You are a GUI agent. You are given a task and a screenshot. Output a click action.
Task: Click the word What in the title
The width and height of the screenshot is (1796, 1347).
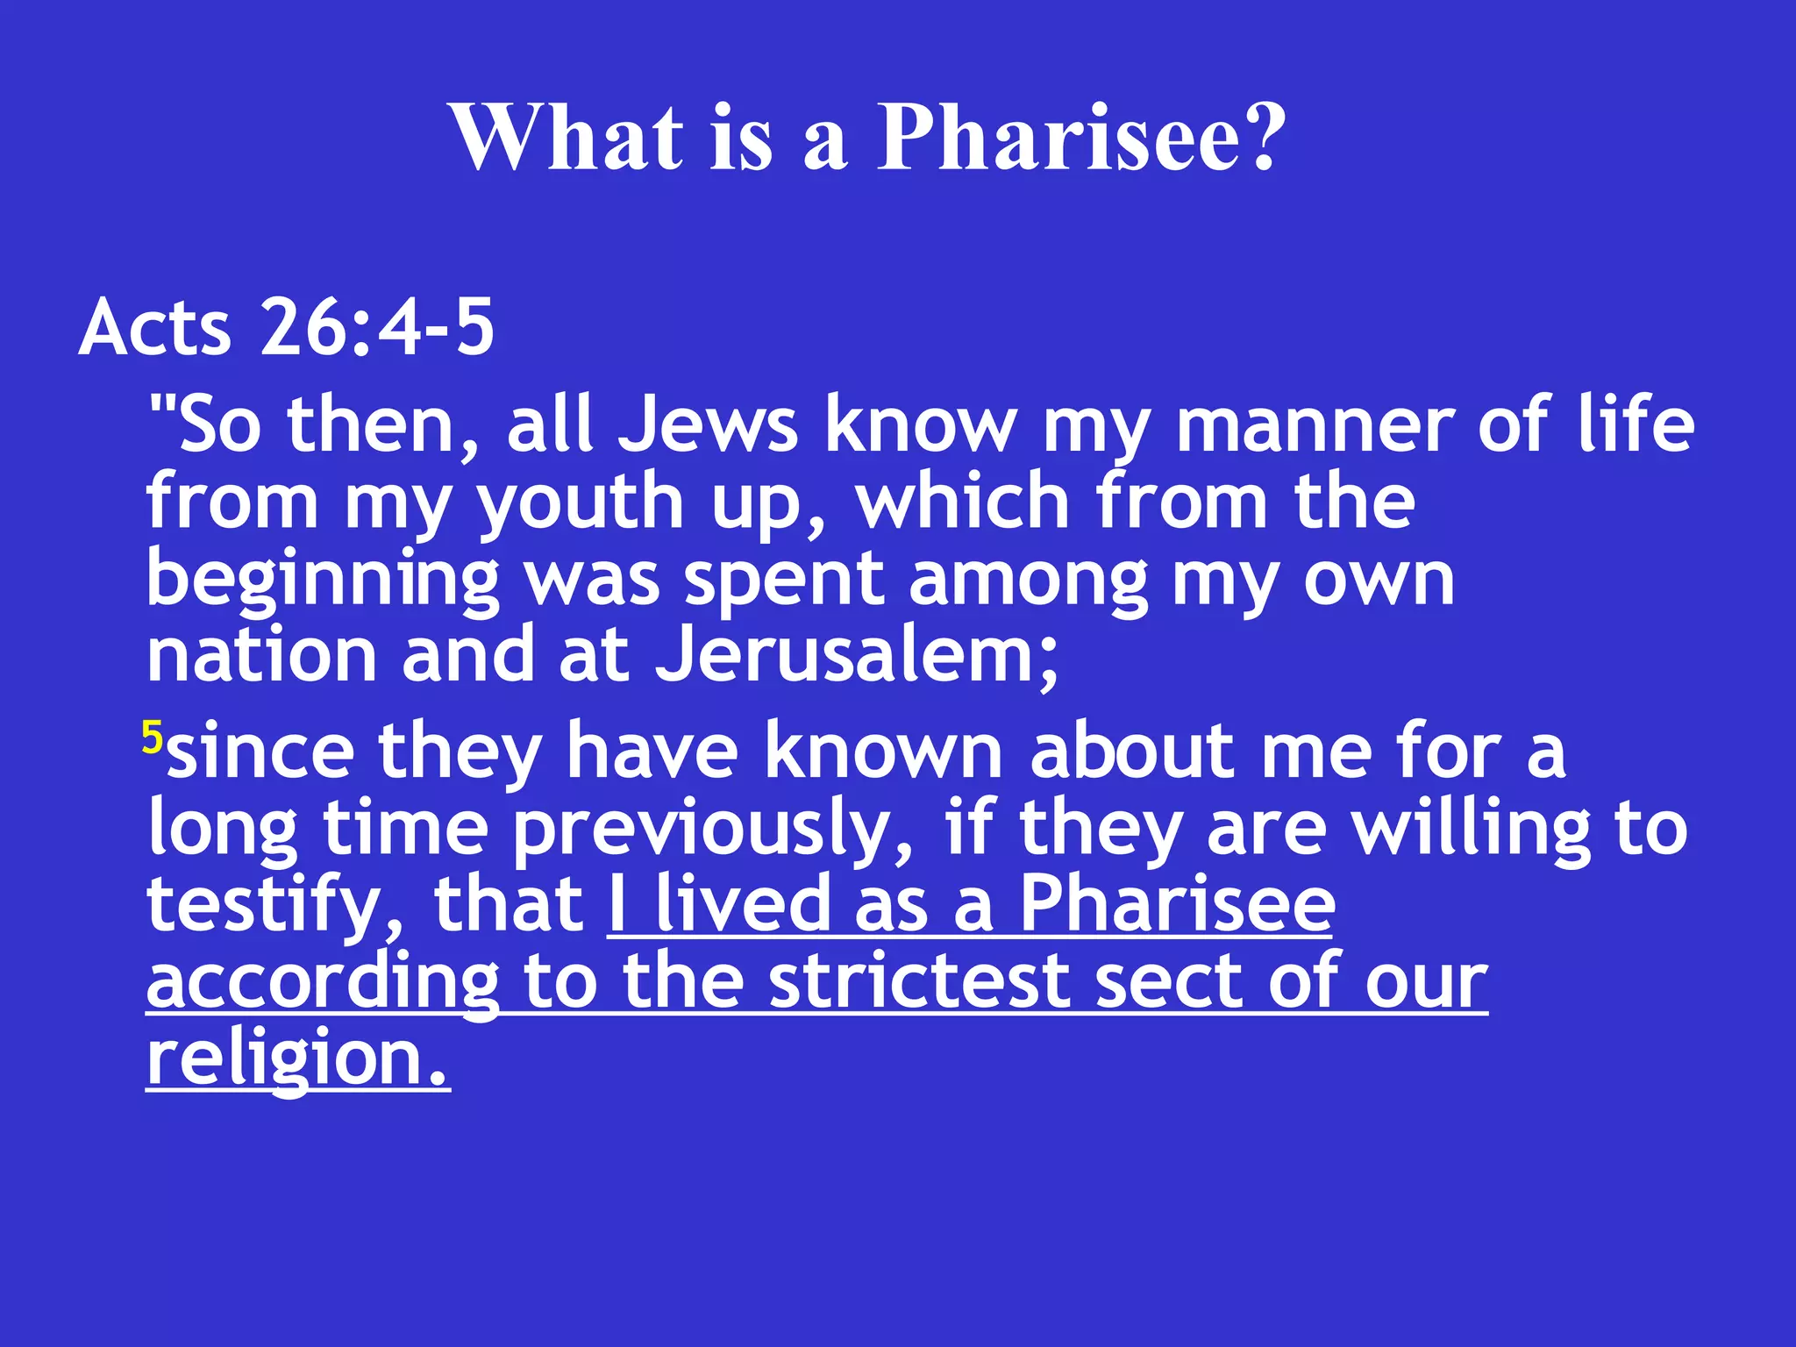567,139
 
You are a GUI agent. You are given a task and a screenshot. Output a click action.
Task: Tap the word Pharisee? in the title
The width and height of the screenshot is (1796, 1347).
1081,139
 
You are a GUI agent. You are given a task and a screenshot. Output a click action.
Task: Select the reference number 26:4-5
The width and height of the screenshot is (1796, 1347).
377,328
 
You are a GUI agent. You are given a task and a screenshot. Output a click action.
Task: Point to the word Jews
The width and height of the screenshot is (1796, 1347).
708,426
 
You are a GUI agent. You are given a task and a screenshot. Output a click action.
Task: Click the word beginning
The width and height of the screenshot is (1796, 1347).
323,581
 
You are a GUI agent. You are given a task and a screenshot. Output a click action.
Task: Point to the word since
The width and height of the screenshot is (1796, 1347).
261,751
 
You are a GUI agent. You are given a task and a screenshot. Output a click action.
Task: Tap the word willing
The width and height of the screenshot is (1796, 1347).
1470,829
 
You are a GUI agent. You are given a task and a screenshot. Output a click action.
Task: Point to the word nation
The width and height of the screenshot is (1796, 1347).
261,656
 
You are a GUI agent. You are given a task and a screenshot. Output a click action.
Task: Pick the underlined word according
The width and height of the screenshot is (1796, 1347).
323,983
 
